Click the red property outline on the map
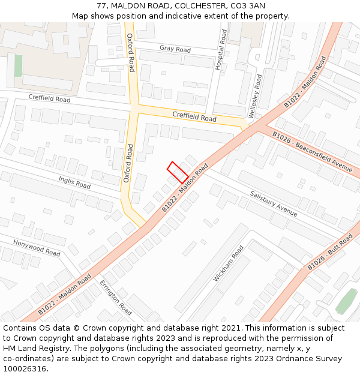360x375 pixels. [178, 173]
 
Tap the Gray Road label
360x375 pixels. [175, 49]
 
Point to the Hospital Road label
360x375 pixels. [221, 50]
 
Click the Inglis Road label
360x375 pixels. [74, 182]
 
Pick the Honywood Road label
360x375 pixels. [37, 248]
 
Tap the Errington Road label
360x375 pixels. [116, 298]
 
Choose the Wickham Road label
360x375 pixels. [229, 263]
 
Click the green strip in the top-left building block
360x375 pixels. [18, 65]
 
